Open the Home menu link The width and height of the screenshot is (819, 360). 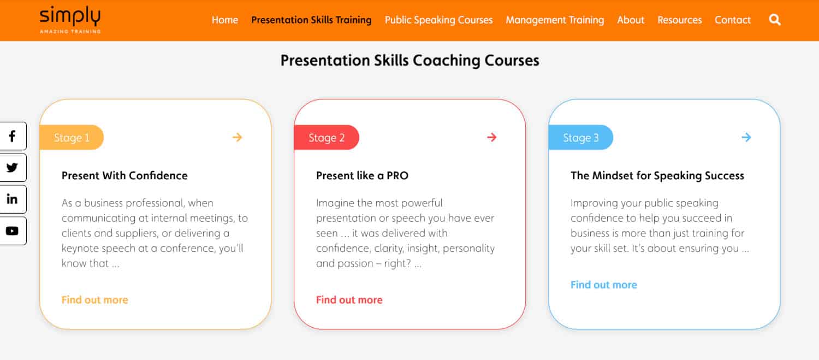tap(225, 20)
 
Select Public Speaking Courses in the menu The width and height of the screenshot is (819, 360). tap(439, 20)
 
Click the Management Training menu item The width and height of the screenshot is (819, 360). tap(555, 20)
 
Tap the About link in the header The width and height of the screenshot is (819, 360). tap(631, 20)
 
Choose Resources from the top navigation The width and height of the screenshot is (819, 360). tap(679, 20)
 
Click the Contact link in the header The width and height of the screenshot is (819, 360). tap(733, 20)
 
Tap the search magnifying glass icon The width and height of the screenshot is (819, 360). tap(775, 19)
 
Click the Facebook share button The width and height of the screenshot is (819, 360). tap(13, 136)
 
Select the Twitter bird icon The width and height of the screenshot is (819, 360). tap(13, 168)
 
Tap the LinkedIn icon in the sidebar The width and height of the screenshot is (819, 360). tap(13, 199)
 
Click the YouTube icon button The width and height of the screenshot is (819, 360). tap(13, 231)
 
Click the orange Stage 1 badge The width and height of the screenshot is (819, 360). tap(72, 138)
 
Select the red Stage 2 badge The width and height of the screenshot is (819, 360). tap(327, 138)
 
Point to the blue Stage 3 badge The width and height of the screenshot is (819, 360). tap(580, 138)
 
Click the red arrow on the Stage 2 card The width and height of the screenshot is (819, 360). tap(492, 137)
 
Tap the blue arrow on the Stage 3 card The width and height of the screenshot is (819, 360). tap(746, 137)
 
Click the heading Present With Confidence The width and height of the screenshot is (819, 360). tap(124, 175)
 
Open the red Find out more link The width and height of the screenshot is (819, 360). tap(349, 299)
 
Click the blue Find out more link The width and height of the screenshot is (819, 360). tap(604, 285)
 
